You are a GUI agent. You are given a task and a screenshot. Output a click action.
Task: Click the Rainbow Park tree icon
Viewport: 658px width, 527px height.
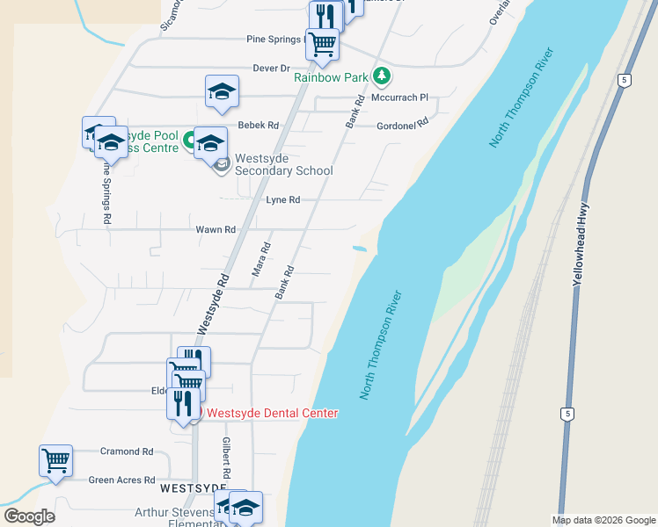[381, 76]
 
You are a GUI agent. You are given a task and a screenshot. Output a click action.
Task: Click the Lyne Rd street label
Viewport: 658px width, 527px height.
[283, 200]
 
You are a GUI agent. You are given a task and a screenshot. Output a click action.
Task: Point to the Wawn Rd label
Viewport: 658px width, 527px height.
[216, 229]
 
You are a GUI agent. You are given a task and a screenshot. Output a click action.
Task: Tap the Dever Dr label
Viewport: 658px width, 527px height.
[271, 68]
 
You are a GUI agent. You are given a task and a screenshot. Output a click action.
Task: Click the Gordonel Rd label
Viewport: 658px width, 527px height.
[401, 126]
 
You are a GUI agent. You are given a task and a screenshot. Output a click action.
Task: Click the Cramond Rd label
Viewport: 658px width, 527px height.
[126, 451]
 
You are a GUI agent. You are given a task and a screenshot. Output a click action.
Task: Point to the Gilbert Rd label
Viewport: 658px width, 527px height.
[226, 457]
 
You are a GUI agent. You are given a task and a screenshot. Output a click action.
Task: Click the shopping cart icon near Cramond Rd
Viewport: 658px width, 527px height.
[55, 460]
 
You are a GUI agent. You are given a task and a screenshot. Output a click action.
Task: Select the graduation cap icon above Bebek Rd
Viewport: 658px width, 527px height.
[222, 91]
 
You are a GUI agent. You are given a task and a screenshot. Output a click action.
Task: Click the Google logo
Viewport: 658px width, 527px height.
[29, 516]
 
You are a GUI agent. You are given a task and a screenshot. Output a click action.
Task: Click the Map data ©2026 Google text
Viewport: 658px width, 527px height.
[603, 520]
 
